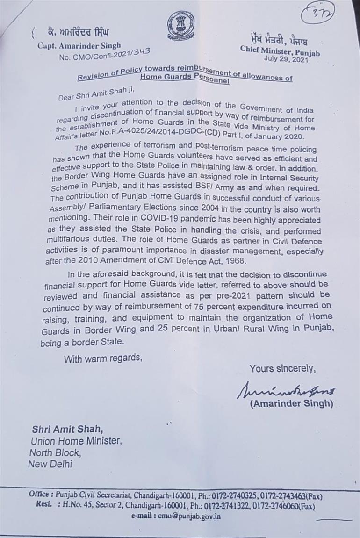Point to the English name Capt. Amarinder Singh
[79, 45]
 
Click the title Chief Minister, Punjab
[280, 50]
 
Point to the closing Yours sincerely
[282, 368]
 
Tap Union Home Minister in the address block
[76, 440]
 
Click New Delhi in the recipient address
[50, 464]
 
